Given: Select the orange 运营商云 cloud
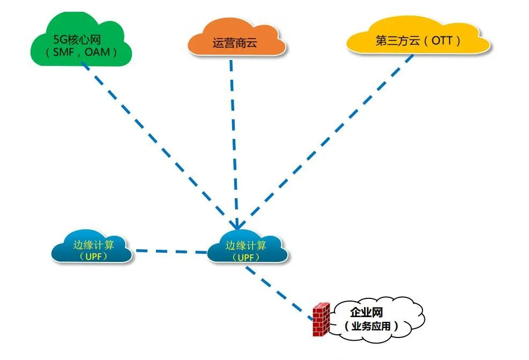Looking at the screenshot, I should click(x=236, y=40).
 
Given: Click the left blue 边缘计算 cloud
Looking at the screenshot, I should click(x=92, y=248).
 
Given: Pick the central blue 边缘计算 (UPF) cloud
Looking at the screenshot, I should click(x=245, y=248).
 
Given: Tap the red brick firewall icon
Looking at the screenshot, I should click(x=321, y=319).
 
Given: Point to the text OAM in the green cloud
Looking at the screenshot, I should click(x=98, y=52).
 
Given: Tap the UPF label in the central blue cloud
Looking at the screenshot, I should click(x=246, y=257).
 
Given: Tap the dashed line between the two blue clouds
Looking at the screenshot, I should click(x=170, y=251).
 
